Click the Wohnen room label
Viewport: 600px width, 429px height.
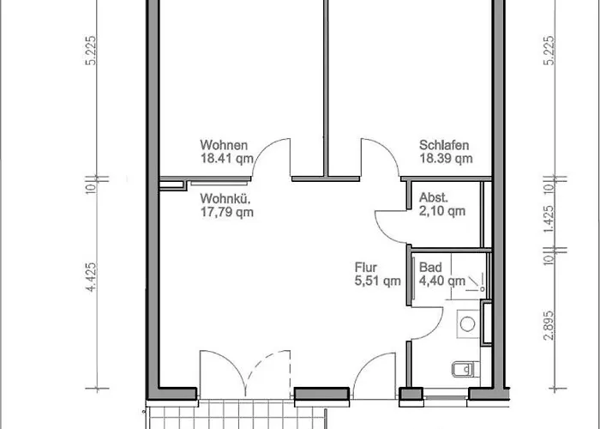click(x=224, y=145)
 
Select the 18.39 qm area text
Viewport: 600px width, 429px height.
click(x=447, y=158)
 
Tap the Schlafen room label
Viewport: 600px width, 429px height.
click(x=444, y=145)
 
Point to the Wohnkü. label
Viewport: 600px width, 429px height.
click(x=225, y=199)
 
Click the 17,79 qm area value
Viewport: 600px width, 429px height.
click(x=227, y=212)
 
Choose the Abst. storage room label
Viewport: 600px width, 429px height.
click(x=434, y=197)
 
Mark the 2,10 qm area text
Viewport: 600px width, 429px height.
click(x=442, y=211)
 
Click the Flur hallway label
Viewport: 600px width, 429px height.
click(x=366, y=267)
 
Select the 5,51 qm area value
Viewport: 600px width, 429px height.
click(x=378, y=281)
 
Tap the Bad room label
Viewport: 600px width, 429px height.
click(x=430, y=267)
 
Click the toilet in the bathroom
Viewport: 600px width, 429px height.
click(x=465, y=369)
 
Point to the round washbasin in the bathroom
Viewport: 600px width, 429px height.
click(x=468, y=324)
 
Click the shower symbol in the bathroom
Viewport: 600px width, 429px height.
click(x=476, y=282)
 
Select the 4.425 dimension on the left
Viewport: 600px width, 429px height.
click(x=91, y=277)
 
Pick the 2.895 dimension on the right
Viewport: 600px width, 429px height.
click(x=549, y=325)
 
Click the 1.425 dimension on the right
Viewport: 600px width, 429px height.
click(x=549, y=219)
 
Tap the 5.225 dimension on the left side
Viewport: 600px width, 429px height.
click(x=91, y=51)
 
